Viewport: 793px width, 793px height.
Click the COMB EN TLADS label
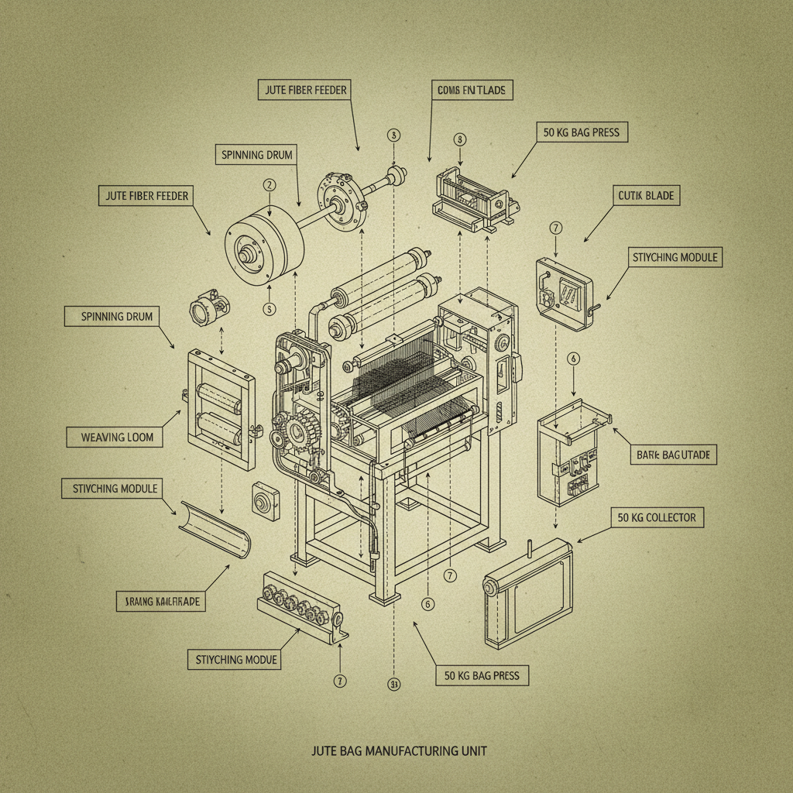coord(470,91)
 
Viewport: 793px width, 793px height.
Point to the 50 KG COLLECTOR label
coord(657,517)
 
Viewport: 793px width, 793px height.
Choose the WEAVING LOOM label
coord(117,438)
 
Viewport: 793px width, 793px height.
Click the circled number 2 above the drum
coord(269,185)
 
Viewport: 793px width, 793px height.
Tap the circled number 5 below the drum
coord(269,309)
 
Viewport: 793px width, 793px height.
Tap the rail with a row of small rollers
coord(302,608)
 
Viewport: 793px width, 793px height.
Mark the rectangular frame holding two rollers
coord(221,408)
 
